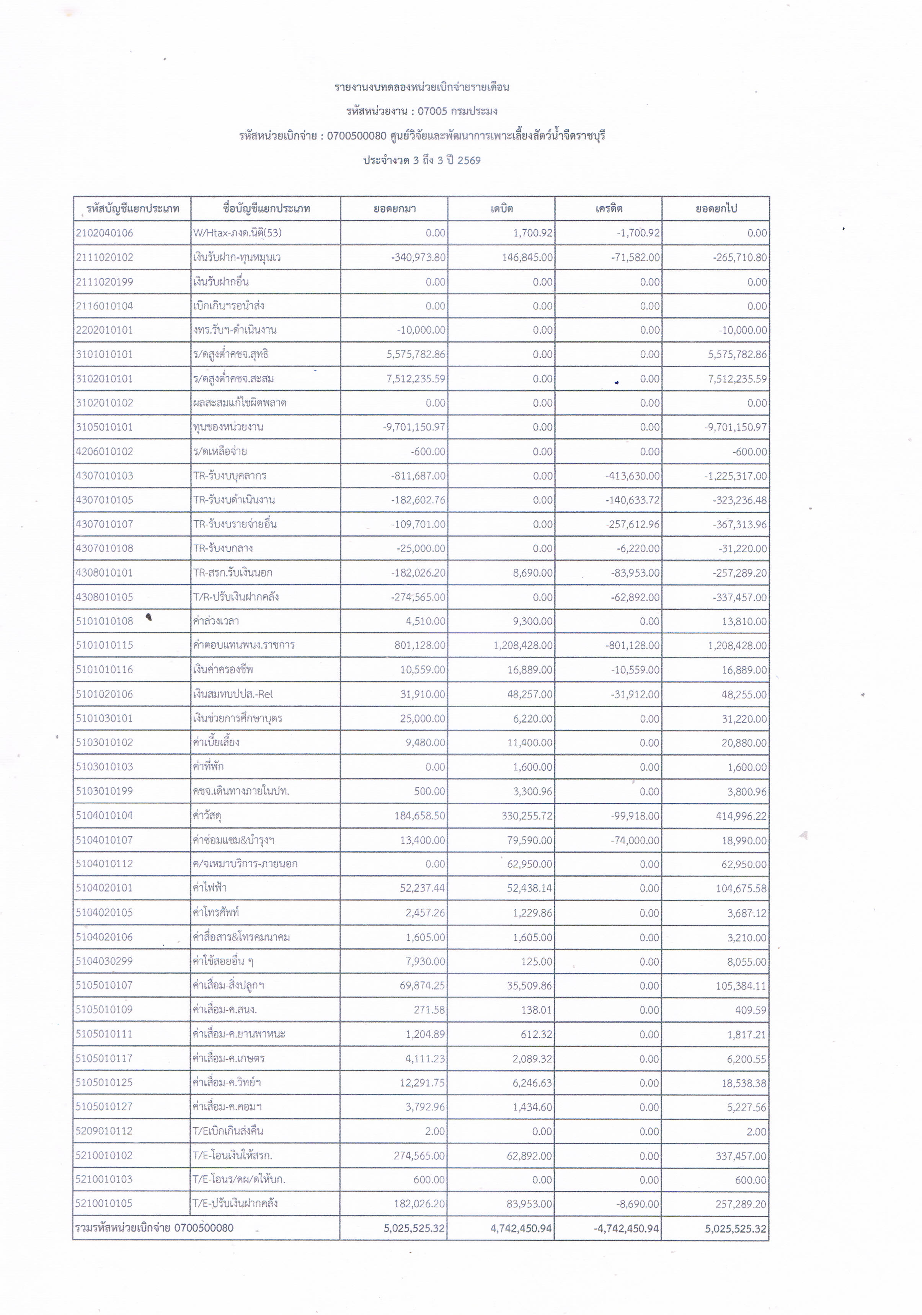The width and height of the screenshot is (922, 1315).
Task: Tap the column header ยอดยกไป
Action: click(716, 209)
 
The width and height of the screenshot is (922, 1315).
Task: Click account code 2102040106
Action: click(104, 233)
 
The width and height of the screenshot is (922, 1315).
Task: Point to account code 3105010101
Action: click(104, 427)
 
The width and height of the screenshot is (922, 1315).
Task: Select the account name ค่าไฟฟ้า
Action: click(210, 888)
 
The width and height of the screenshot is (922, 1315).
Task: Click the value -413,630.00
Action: click(632, 476)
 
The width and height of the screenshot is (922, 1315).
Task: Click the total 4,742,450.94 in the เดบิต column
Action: click(521, 1229)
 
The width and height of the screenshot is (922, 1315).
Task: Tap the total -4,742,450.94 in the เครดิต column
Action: click(626, 1229)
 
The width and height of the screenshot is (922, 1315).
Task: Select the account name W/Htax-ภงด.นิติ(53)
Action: click(237, 233)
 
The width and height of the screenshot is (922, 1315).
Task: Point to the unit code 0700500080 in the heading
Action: click(357, 136)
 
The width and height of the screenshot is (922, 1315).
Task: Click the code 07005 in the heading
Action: click(432, 111)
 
